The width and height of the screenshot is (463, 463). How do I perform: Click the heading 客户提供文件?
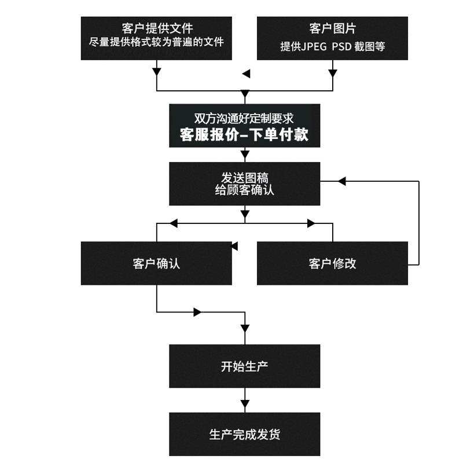[x=157, y=28]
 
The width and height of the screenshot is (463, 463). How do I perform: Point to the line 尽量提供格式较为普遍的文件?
[x=157, y=42]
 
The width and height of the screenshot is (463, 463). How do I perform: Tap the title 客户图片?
[x=332, y=28]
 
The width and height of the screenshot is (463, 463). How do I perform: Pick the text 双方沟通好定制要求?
[x=244, y=118]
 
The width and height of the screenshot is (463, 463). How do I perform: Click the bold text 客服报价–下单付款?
[x=244, y=135]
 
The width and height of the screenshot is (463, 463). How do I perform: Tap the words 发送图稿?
[x=244, y=177]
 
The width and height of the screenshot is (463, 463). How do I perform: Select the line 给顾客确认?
[x=244, y=189]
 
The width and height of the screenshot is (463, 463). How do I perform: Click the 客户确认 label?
[x=156, y=263]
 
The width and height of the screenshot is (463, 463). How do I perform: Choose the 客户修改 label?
[x=332, y=263]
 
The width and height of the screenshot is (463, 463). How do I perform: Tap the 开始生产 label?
[x=244, y=366]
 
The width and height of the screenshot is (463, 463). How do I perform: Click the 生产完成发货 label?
[x=244, y=434]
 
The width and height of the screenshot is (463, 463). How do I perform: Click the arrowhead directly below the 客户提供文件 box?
[x=157, y=72]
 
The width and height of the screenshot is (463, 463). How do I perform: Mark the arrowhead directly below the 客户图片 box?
[x=332, y=72]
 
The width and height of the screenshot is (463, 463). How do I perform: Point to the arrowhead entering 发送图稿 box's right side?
[x=341, y=182]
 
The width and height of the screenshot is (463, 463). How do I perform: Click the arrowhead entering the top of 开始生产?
[x=245, y=328]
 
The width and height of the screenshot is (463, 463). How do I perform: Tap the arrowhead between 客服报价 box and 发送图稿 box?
[x=245, y=154]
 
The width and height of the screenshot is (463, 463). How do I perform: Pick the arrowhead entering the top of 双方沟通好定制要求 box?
[x=245, y=94]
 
